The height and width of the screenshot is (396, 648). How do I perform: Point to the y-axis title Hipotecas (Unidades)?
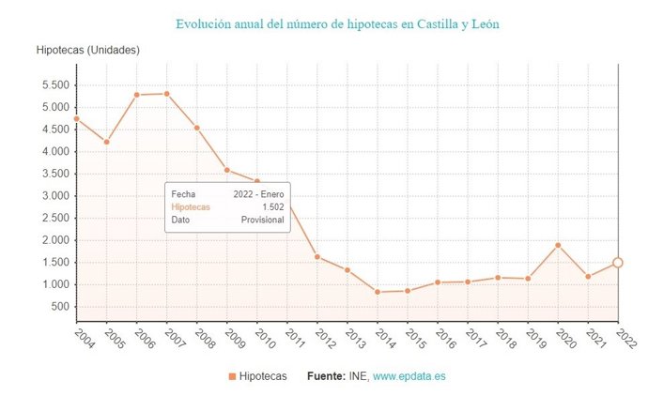[x=87, y=49]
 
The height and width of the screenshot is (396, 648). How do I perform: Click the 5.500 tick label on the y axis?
[x=54, y=84]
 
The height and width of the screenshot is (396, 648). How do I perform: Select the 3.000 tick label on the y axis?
[x=54, y=195]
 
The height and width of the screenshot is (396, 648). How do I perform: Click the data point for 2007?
[x=166, y=94]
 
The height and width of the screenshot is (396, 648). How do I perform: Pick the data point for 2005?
[x=106, y=142]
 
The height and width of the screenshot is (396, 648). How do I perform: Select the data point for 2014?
[x=378, y=292]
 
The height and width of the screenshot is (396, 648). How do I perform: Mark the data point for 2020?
[x=558, y=245]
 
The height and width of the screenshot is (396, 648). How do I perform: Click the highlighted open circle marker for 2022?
[x=618, y=263]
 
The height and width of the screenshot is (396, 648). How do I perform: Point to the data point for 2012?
[x=317, y=256]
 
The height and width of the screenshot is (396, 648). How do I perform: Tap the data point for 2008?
[x=196, y=128]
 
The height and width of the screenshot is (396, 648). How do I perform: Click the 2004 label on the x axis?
[x=82, y=336]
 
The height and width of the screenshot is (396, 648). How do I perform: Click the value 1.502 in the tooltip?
[x=272, y=206]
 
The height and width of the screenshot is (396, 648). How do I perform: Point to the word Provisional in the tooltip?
[x=262, y=220]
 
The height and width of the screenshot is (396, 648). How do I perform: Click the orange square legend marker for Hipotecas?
[x=232, y=376]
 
